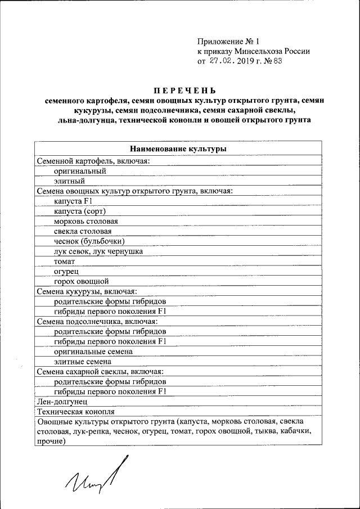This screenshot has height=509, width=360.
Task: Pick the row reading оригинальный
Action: click(x=80, y=170)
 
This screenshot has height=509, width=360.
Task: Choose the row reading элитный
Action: click(x=69, y=181)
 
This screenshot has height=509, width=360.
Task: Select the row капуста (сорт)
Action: click(x=80, y=211)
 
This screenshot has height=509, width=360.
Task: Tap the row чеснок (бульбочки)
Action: click(x=85, y=241)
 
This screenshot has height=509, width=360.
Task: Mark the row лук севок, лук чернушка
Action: click(x=98, y=251)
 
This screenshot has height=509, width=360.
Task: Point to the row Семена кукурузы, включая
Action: click(x=87, y=291)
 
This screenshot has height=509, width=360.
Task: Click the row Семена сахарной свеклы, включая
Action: click(x=100, y=371)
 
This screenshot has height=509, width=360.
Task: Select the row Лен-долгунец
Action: click(x=62, y=402)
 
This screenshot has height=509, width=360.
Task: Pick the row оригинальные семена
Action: click(x=93, y=352)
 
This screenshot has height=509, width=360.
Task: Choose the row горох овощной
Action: click(x=81, y=281)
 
